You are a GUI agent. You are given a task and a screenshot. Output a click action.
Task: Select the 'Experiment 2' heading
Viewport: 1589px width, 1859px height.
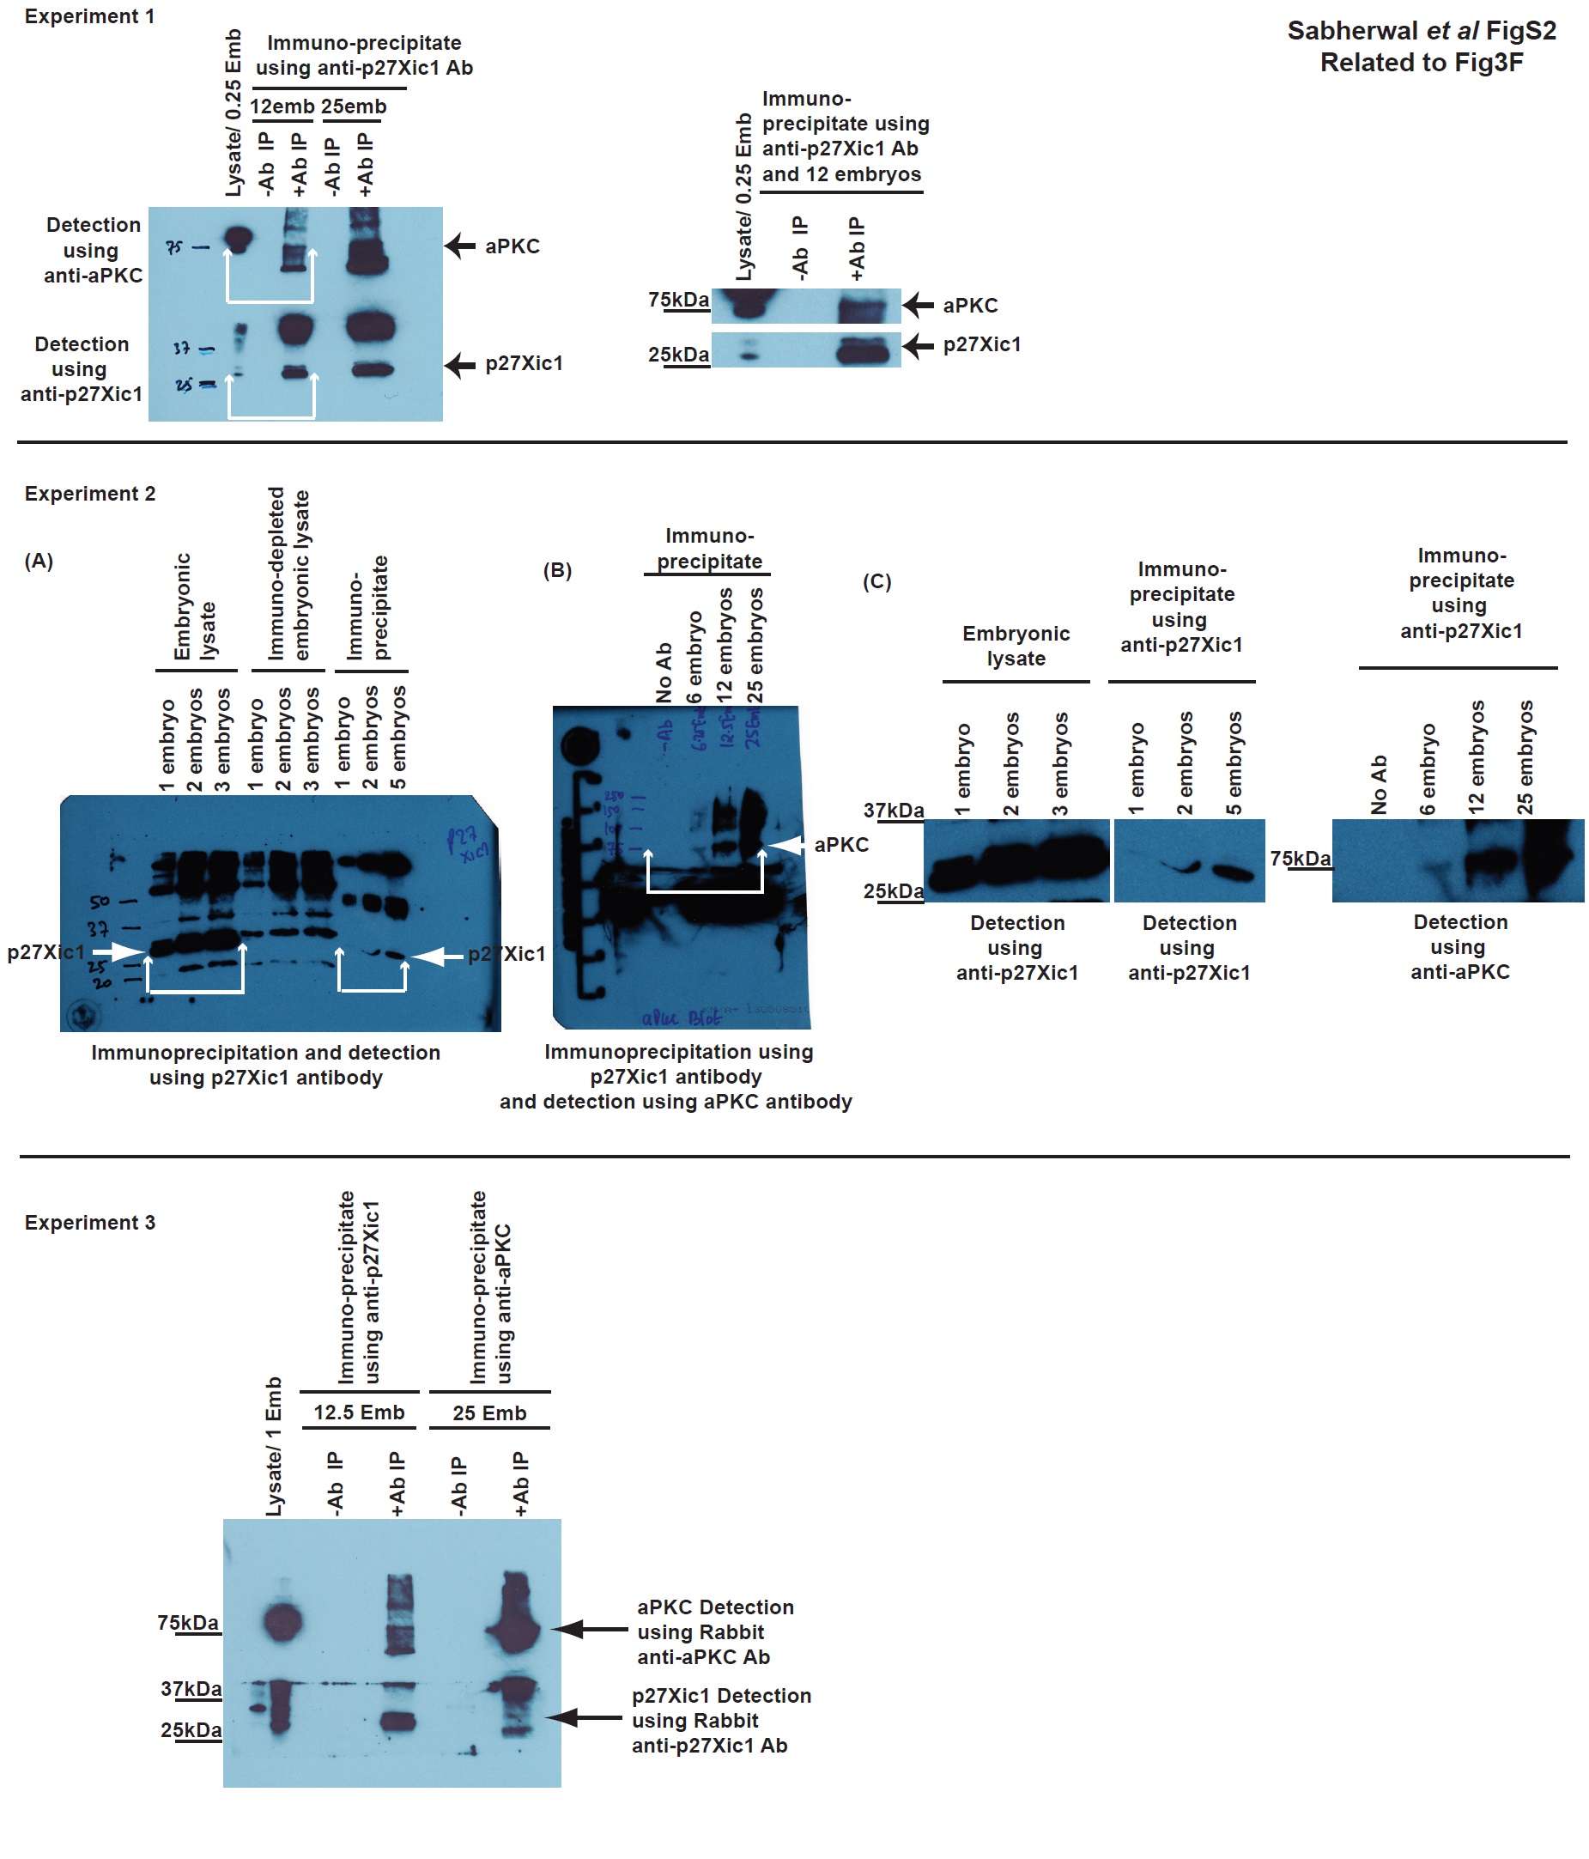coord(90,494)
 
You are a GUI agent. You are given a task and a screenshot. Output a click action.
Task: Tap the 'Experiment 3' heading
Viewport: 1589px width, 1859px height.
coord(90,1223)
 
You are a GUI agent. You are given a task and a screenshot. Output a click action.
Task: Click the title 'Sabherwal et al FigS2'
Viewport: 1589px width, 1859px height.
coord(1422,32)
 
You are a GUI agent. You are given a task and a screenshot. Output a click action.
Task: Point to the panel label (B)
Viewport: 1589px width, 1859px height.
coord(557,571)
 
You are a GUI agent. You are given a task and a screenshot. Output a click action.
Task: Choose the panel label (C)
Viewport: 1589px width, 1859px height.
coord(876,581)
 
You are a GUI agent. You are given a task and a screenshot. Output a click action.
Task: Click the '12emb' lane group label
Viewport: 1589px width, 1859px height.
coord(282,106)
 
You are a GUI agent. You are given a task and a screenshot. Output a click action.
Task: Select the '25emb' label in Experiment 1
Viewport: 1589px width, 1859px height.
coord(354,106)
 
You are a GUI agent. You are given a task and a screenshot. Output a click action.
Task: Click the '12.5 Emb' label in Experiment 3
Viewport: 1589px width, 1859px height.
coord(359,1412)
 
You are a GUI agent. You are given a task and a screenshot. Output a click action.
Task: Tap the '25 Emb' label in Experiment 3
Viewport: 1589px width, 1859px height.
coord(489,1413)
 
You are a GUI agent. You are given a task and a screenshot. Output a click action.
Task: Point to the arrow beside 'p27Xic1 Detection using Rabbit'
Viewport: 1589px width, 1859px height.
coord(584,1718)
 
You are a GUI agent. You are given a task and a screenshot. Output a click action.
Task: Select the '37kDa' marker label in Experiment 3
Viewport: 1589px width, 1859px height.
coord(191,1690)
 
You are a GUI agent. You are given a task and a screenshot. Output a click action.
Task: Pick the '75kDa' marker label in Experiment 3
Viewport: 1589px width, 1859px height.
coord(187,1623)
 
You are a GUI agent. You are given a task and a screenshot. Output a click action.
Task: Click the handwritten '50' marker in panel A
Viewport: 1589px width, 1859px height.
coord(100,902)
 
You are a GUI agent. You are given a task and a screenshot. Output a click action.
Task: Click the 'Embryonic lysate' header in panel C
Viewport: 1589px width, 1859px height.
coord(1016,646)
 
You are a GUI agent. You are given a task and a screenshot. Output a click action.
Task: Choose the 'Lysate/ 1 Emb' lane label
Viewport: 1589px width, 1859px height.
coord(274,1447)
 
